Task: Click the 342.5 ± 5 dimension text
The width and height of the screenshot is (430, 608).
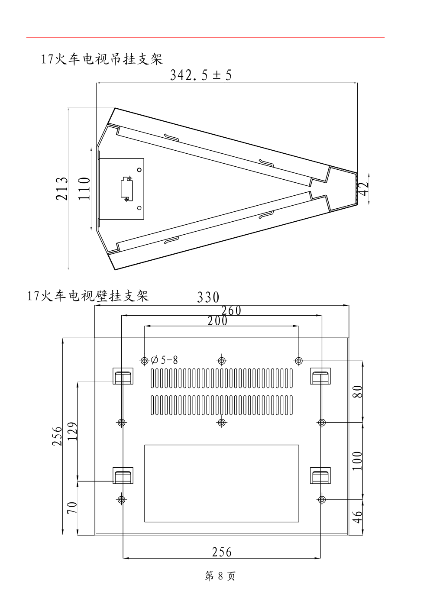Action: click(200, 75)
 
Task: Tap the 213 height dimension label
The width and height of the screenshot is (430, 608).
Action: click(62, 188)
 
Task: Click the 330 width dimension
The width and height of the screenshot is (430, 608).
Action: click(208, 298)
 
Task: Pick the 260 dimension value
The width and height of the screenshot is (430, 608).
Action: click(231, 310)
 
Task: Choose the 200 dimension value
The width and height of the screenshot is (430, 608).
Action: click(217, 321)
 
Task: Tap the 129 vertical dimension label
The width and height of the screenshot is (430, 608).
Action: click(72, 431)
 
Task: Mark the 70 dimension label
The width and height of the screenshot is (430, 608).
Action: click(72, 507)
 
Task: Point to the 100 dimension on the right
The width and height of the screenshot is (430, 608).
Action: click(357, 460)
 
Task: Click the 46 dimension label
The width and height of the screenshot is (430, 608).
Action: click(357, 517)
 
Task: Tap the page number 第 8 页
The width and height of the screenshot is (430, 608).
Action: click(220, 576)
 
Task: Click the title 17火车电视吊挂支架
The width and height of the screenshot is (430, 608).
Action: click(102, 59)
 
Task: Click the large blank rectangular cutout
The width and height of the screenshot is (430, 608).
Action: click(221, 483)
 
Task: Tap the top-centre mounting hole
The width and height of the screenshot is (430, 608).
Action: click(222, 360)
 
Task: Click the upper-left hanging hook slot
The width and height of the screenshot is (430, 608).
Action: click(123, 376)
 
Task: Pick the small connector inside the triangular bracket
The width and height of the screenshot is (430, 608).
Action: click(126, 188)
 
